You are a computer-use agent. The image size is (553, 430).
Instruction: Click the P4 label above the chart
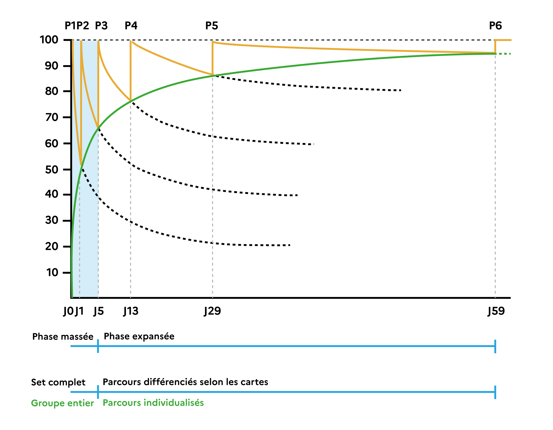[131, 26]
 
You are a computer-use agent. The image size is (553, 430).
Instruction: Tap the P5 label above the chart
[212, 26]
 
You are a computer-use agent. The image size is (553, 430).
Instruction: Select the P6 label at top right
[495, 26]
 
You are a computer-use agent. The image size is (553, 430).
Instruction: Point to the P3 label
[101, 26]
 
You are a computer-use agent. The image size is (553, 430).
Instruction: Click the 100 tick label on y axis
[49, 40]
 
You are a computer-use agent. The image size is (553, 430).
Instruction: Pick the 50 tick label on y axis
[52, 170]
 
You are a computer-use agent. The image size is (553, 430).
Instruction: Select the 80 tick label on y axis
[52, 91]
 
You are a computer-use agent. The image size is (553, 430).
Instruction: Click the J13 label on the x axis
[131, 311]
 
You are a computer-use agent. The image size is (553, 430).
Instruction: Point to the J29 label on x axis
[212, 311]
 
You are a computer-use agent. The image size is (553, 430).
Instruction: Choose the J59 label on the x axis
[496, 311]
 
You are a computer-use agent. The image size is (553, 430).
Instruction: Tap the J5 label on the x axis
[99, 311]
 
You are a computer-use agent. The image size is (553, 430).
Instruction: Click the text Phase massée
[63, 337]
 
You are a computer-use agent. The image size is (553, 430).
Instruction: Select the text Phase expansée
[139, 336]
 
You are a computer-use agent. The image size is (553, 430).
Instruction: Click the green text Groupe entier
[62, 403]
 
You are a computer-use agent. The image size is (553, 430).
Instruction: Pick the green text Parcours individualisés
[153, 403]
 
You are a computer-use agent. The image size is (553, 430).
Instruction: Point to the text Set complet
[58, 382]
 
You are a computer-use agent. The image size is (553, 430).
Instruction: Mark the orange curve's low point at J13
[131, 101]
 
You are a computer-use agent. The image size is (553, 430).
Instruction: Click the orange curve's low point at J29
[212, 75]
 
